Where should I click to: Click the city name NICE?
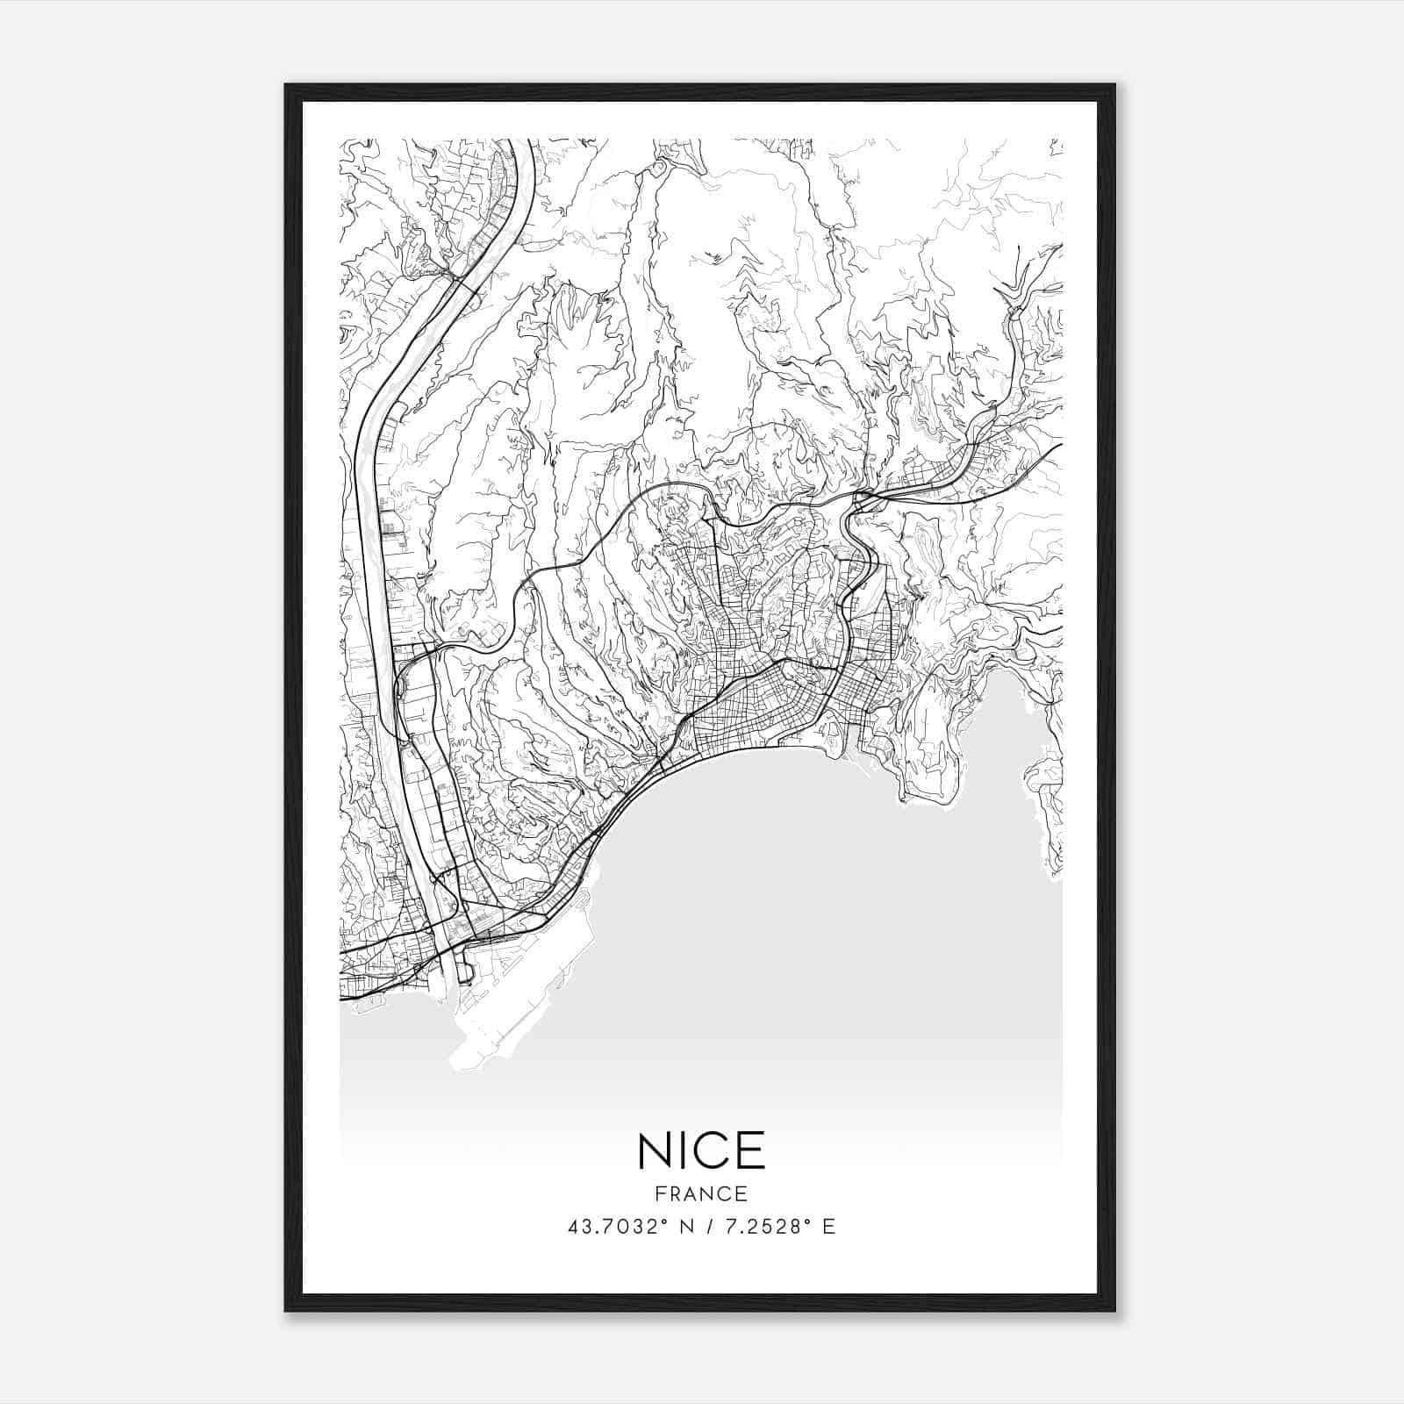(x=701, y=1150)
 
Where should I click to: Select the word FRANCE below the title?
(x=701, y=1193)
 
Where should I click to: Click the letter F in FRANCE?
(x=660, y=1193)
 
